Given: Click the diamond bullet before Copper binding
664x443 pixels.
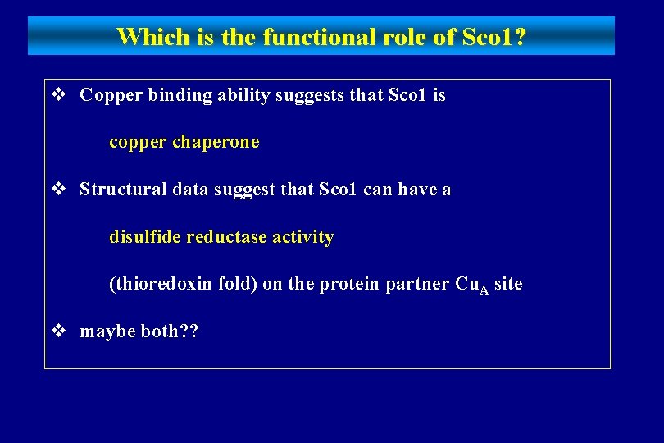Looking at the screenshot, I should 58,95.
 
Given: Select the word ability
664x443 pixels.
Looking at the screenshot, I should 243,95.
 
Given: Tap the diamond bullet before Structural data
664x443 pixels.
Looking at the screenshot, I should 58,190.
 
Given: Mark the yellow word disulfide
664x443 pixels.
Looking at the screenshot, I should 145,237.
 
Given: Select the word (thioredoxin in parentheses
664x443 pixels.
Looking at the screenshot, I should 157,285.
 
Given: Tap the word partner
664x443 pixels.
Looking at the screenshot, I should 417,285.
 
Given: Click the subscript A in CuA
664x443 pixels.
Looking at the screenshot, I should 484,288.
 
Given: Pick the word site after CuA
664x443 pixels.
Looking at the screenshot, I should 509,285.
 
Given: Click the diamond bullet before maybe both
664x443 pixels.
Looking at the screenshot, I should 58,331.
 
